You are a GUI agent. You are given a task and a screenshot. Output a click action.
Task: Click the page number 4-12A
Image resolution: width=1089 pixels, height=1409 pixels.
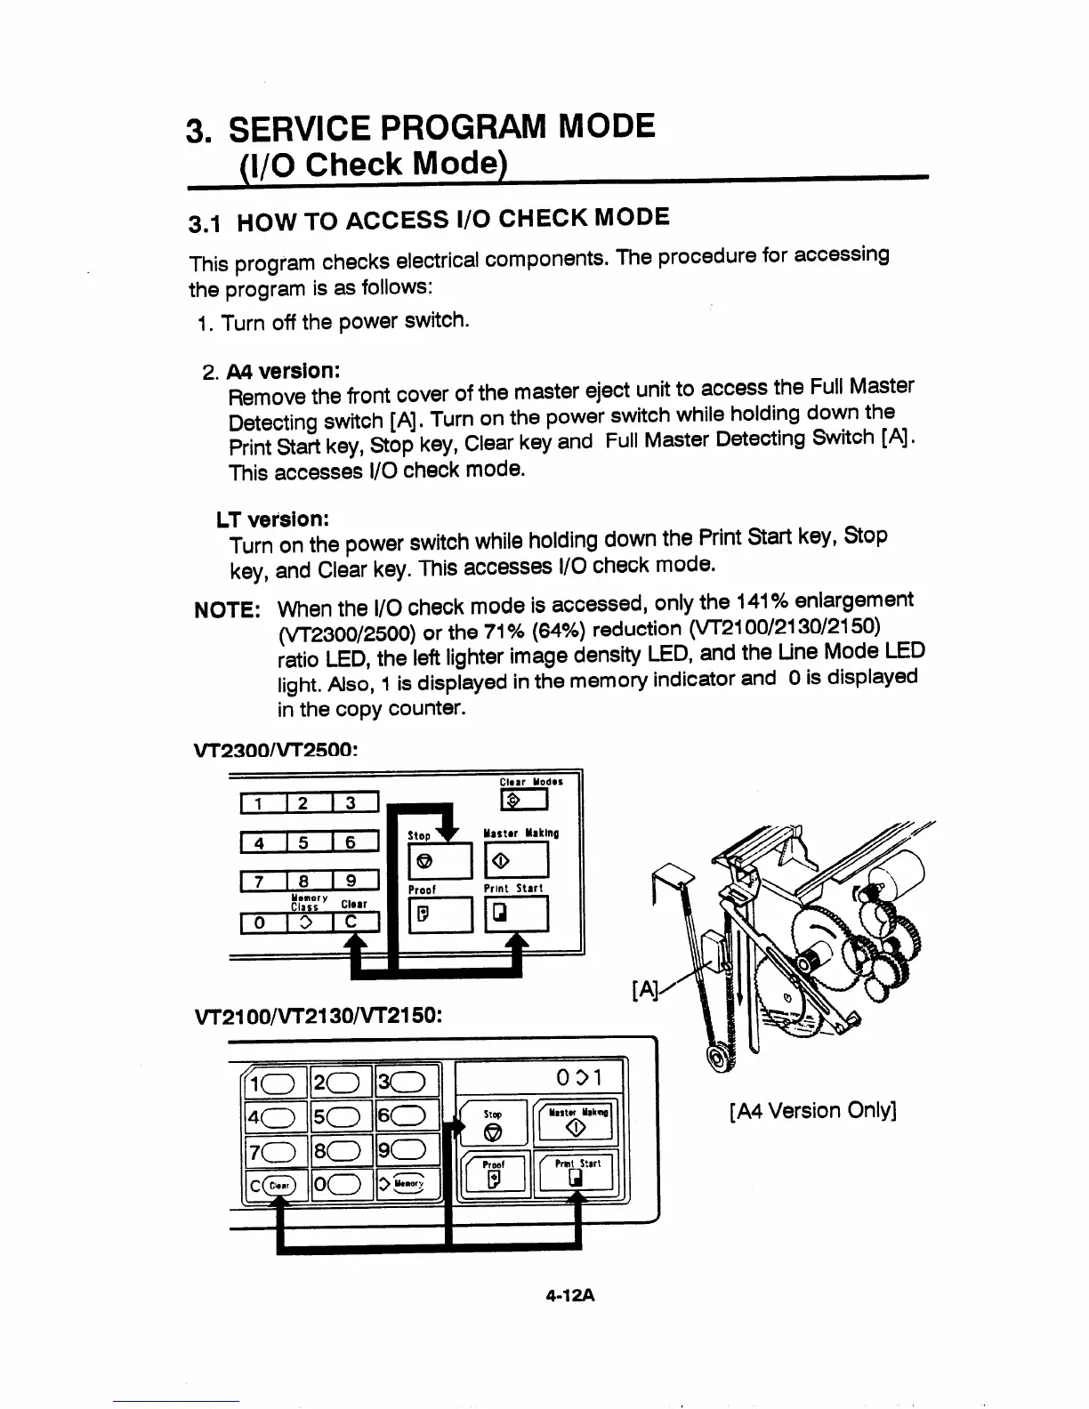click(571, 1295)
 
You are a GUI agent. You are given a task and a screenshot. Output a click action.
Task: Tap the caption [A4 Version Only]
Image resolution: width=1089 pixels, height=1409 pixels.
click(811, 1110)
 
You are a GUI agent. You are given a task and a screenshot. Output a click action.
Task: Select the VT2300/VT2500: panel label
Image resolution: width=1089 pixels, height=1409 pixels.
click(275, 750)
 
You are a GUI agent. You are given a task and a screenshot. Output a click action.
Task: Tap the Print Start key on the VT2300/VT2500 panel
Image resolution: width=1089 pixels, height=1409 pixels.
click(516, 914)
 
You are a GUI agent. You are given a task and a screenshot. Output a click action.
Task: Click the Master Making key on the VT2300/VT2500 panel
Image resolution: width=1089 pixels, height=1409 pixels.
click(516, 860)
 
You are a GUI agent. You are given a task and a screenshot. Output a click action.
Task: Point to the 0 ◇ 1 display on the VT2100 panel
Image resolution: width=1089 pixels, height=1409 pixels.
click(578, 1078)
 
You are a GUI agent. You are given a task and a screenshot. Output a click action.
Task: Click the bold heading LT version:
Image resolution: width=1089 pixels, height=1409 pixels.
click(270, 519)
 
